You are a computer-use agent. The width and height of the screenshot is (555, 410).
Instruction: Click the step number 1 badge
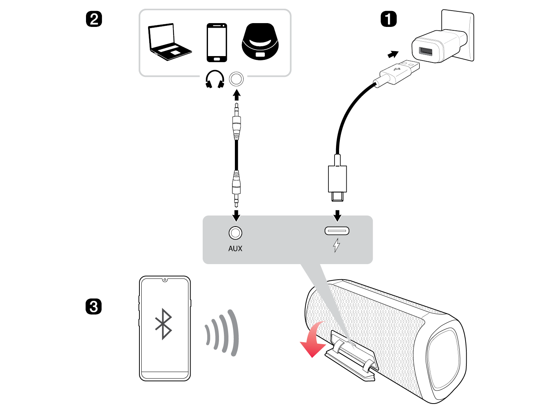point(388,19)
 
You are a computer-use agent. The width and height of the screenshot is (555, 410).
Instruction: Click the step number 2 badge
point(94,19)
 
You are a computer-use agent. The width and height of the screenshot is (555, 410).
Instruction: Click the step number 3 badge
point(94,307)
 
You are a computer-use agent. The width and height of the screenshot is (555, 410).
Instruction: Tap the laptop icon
point(168,42)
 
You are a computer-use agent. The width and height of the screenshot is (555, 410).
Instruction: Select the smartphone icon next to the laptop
point(217,42)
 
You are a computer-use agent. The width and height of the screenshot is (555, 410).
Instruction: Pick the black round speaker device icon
point(260,42)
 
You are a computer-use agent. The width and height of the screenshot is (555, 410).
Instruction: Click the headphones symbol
point(215,79)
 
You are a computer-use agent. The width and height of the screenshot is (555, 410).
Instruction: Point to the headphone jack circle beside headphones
point(236,79)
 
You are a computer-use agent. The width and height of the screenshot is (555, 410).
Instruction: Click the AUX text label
point(235,249)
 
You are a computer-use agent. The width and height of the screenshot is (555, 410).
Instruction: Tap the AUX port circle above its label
point(235,233)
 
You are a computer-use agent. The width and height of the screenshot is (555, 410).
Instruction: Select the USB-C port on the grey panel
point(337,230)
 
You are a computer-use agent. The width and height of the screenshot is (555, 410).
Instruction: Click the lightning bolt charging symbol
point(336,245)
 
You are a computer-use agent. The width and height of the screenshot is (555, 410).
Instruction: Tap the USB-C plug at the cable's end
point(338,182)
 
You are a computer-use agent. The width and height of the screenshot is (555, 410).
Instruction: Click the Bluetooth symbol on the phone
point(164,324)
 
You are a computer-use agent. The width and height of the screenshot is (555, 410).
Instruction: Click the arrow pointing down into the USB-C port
point(338,216)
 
